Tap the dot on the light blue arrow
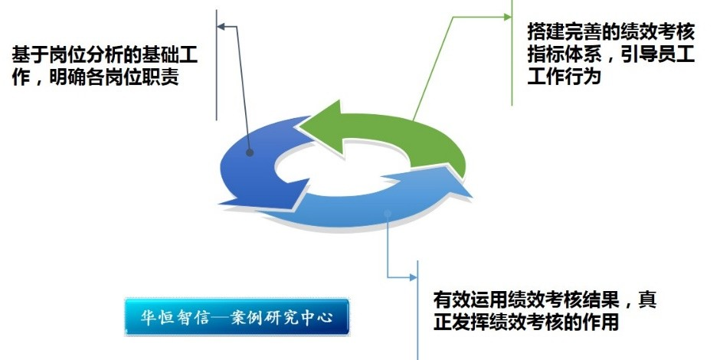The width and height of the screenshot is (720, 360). [388, 214]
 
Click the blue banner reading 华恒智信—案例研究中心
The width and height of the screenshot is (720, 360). [237, 317]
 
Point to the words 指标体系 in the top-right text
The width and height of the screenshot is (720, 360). [564, 55]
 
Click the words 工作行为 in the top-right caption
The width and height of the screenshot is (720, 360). [564, 77]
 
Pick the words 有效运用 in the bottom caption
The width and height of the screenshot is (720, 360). [470, 300]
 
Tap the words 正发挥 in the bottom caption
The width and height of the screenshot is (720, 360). [461, 322]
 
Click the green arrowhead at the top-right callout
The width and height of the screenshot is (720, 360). [508, 17]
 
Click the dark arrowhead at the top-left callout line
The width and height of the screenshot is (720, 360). [221, 27]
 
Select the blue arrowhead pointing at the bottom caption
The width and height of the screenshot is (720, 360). [414, 277]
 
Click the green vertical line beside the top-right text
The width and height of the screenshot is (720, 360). [512, 53]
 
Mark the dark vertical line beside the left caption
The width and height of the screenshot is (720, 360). [216, 65]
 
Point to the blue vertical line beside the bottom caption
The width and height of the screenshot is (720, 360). [417, 310]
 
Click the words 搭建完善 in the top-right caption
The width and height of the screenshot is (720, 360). [564, 33]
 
